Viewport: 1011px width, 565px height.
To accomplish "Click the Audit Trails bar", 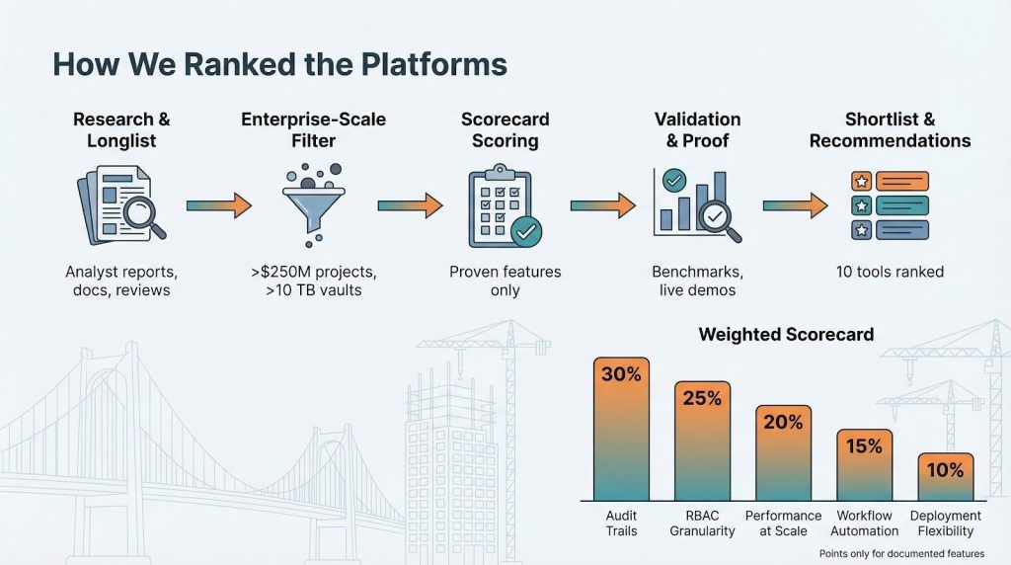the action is click(621, 429).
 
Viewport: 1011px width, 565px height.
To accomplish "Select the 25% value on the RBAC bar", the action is click(702, 398).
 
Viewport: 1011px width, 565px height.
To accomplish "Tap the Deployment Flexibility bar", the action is click(945, 477).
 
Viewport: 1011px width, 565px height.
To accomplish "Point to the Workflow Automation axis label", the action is click(864, 524).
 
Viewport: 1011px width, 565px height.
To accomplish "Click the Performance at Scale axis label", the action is click(783, 524).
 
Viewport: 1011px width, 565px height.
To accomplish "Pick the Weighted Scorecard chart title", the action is click(786, 334).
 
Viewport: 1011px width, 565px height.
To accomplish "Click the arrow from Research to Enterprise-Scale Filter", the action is click(219, 205).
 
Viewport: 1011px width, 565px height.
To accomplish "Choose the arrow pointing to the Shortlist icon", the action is click(796, 205).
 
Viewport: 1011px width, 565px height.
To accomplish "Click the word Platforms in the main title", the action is click(434, 64).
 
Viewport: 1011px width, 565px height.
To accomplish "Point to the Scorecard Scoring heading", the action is click(505, 129).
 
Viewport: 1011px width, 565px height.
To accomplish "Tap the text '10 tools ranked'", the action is click(890, 272).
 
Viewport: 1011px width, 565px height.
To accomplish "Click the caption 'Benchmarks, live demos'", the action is click(697, 281).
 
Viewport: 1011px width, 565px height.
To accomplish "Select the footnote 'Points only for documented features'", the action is click(901, 553).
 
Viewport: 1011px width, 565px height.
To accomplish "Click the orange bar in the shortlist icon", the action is click(902, 181).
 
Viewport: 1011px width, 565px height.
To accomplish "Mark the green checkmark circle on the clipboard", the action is click(526, 231).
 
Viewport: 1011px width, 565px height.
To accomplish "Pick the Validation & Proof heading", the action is click(697, 129).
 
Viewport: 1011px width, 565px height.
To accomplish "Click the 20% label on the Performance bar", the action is click(783, 422).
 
